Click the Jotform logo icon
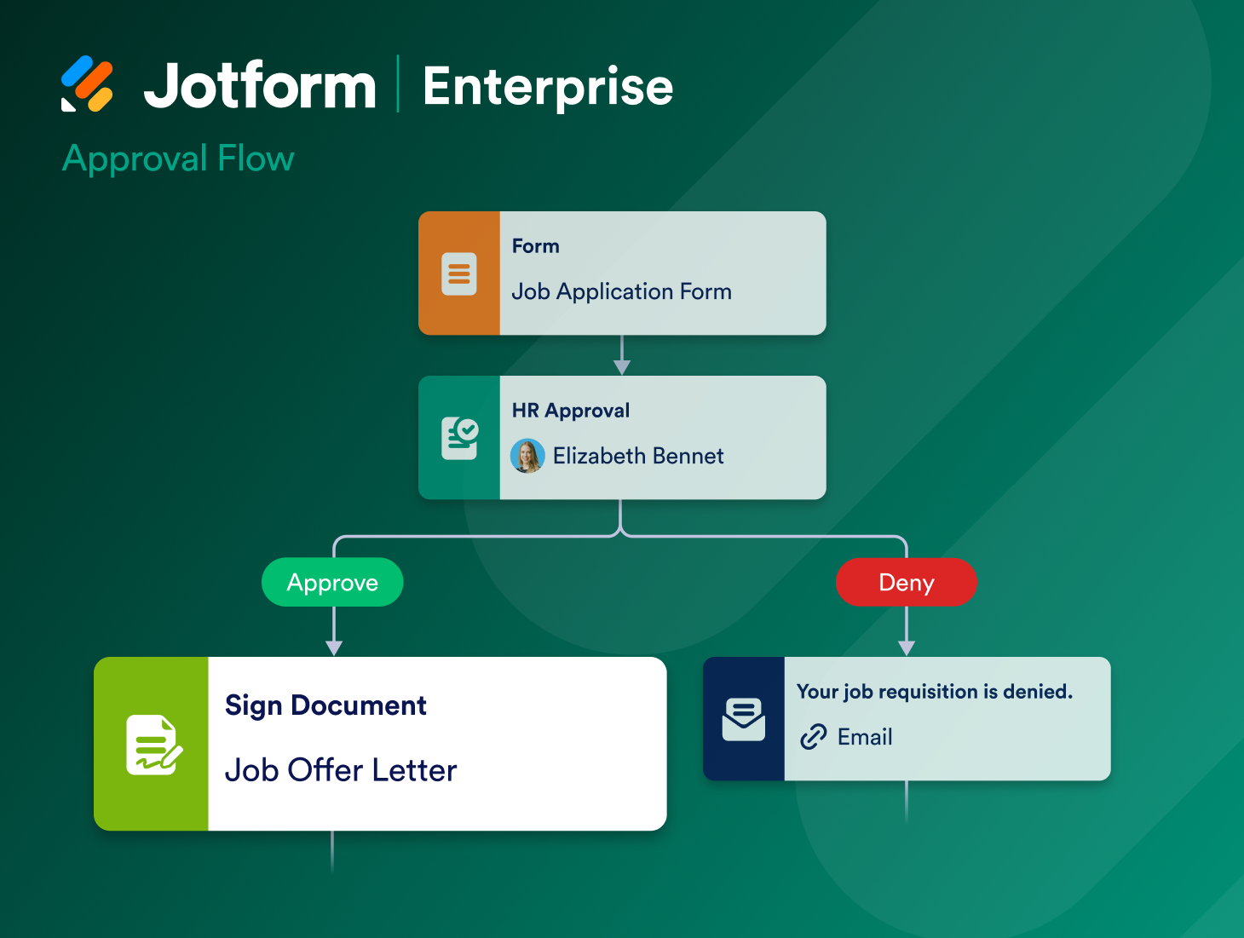[87, 84]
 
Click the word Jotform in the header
[260, 86]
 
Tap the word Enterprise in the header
[548, 87]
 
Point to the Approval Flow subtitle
[178, 158]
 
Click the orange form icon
[459, 273]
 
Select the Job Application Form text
[621, 291]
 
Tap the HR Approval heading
[571, 411]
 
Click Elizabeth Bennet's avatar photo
[527, 456]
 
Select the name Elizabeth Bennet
[638, 456]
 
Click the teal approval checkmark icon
[460, 438]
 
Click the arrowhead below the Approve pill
[334, 647]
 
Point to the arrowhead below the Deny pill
[907, 647]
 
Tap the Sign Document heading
[325, 705]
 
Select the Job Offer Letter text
[341, 770]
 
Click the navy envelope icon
[744, 719]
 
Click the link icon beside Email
[814, 736]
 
